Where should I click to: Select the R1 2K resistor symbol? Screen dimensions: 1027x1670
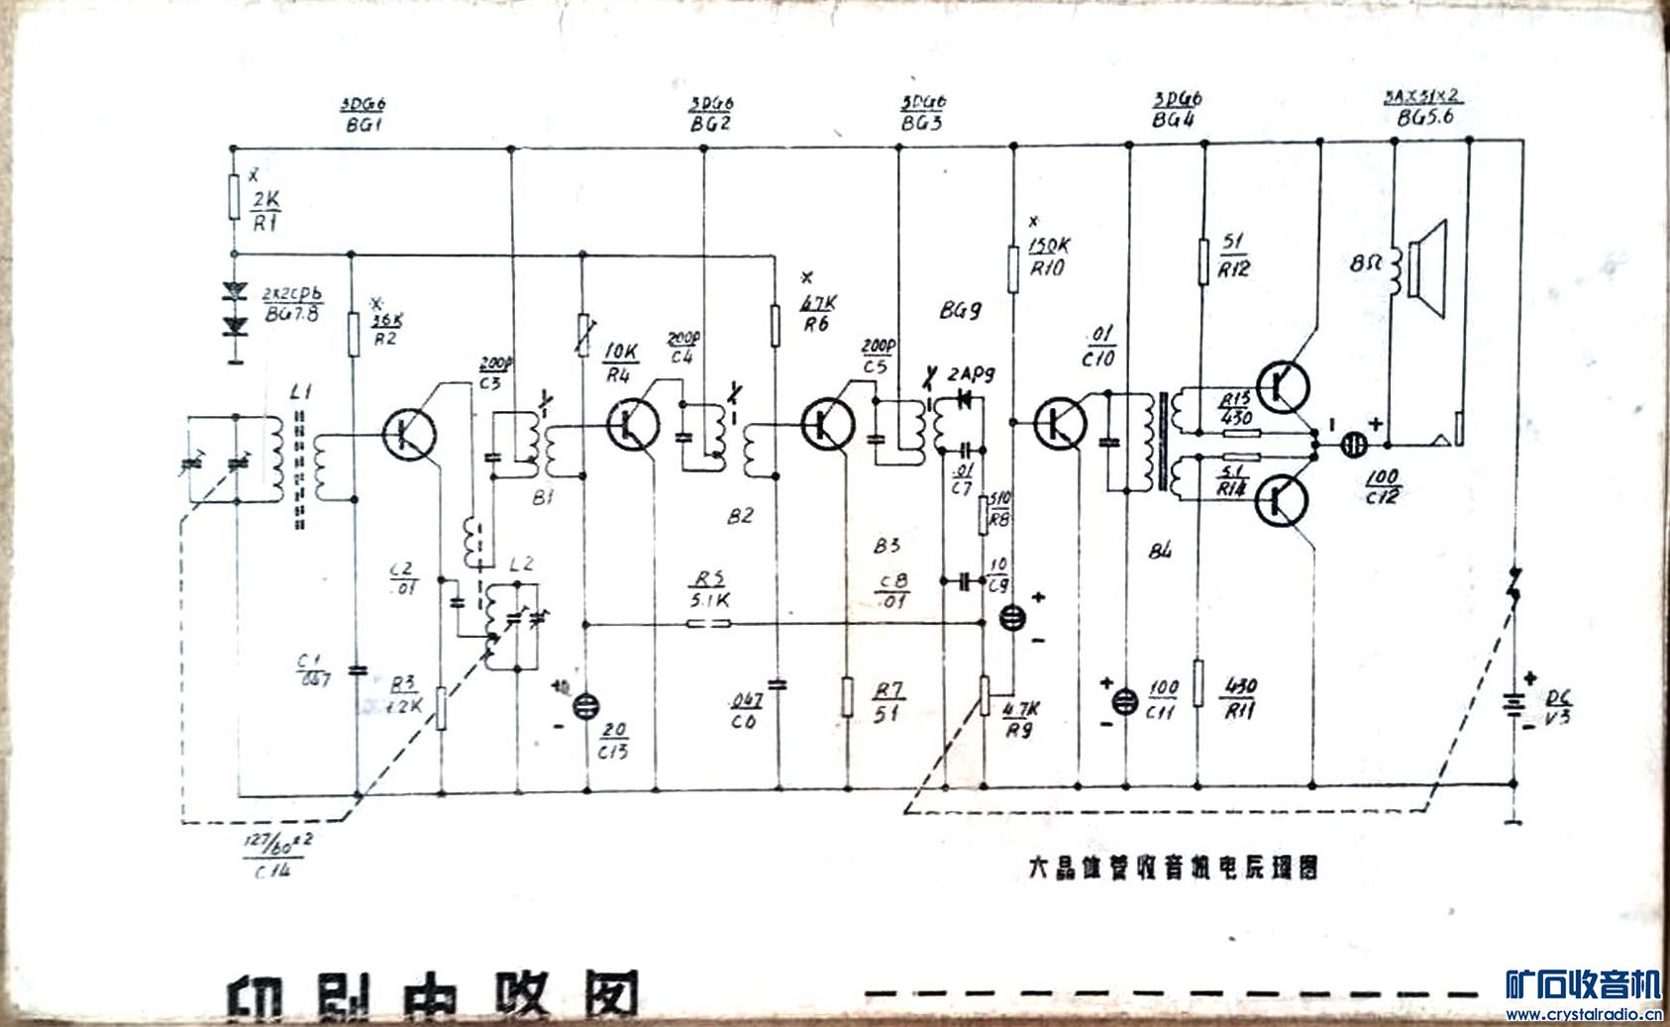(x=234, y=196)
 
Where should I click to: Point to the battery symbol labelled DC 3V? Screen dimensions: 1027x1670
(x=1513, y=704)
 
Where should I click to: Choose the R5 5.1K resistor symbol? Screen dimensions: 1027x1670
(x=709, y=623)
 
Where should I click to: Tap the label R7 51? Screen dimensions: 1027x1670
(x=887, y=701)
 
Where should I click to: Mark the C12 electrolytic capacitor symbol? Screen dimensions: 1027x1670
(x=1352, y=447)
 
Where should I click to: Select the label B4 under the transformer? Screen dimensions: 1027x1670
(x=1162, y=551)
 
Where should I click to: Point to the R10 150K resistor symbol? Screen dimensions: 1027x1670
(x=1013, y=269)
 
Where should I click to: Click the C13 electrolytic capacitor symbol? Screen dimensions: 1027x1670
(x=586, y=704)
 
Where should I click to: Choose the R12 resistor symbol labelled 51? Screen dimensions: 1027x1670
(x=1203, y=260)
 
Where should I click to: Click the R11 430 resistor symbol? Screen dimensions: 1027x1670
(x=1199, y=683)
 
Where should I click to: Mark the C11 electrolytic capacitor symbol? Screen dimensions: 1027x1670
(x=1123, y=701)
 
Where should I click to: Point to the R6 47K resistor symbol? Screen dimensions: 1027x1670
(x=776, y=325)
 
